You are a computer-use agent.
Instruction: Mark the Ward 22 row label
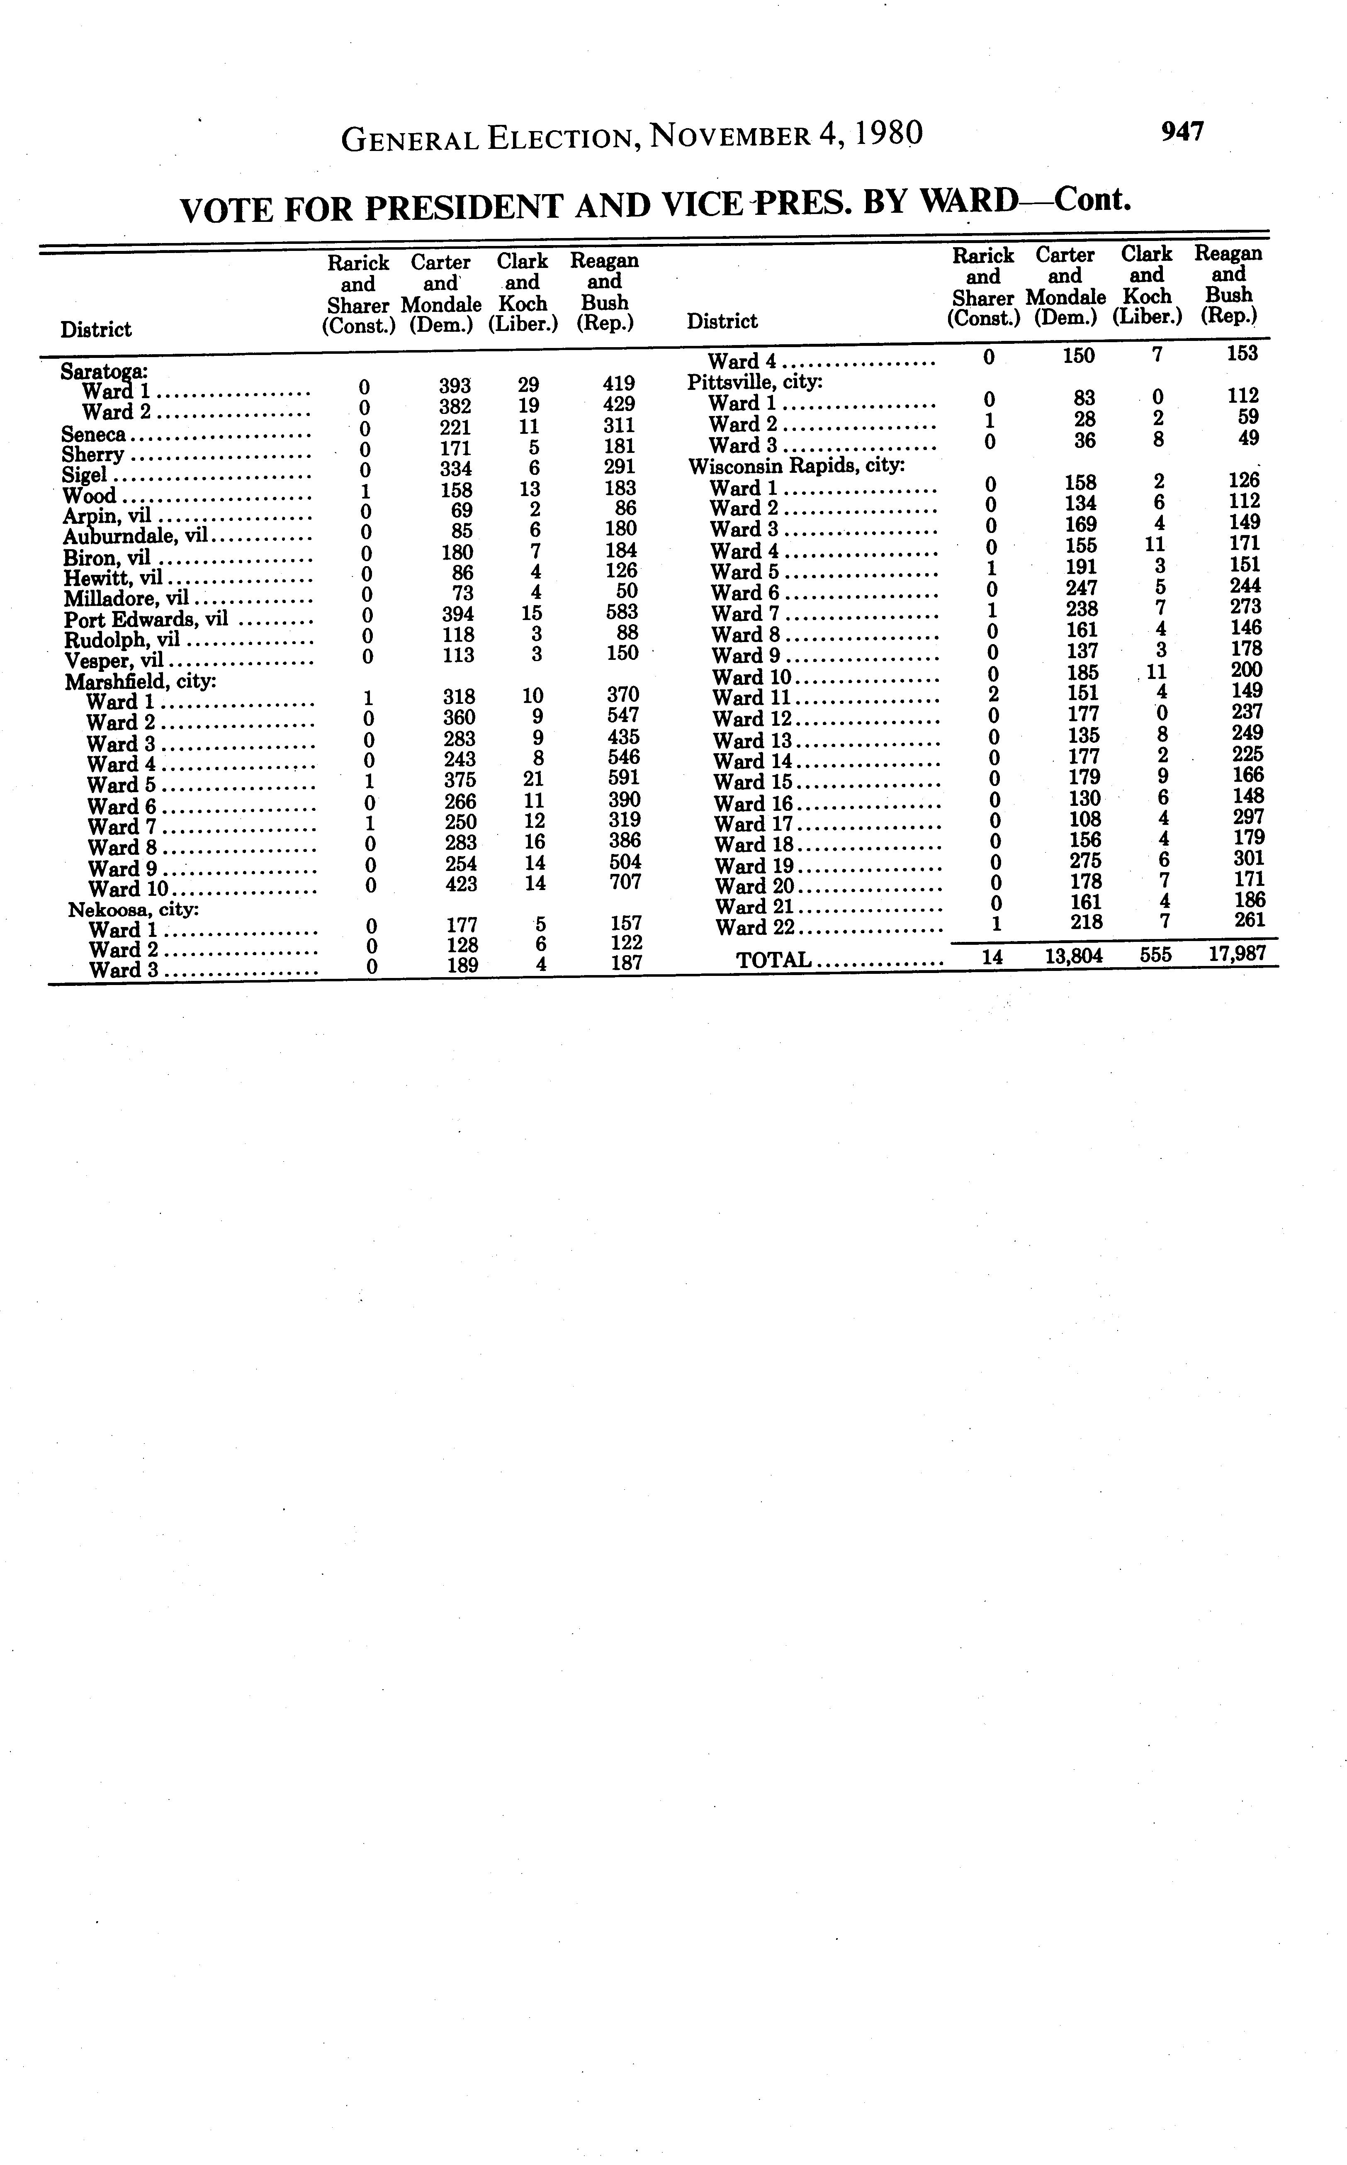753,927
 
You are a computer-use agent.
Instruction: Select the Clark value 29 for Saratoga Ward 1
528,385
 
